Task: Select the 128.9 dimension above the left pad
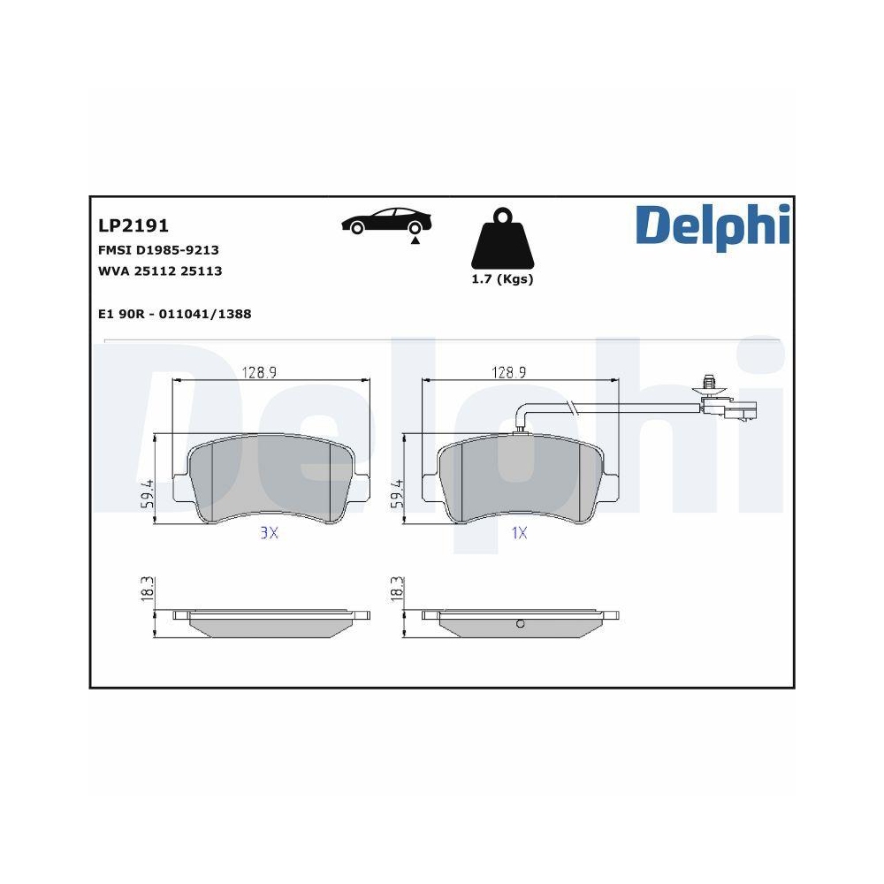pos(260,373)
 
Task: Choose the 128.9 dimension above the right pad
pos(509,373)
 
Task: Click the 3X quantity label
pos(269,533)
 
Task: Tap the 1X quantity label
pos(519,533)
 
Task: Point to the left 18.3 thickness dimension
pos(148,591)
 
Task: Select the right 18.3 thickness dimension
pos(397,591)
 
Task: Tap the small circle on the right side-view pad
pos(520,625)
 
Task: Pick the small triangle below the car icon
pos(414,240)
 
